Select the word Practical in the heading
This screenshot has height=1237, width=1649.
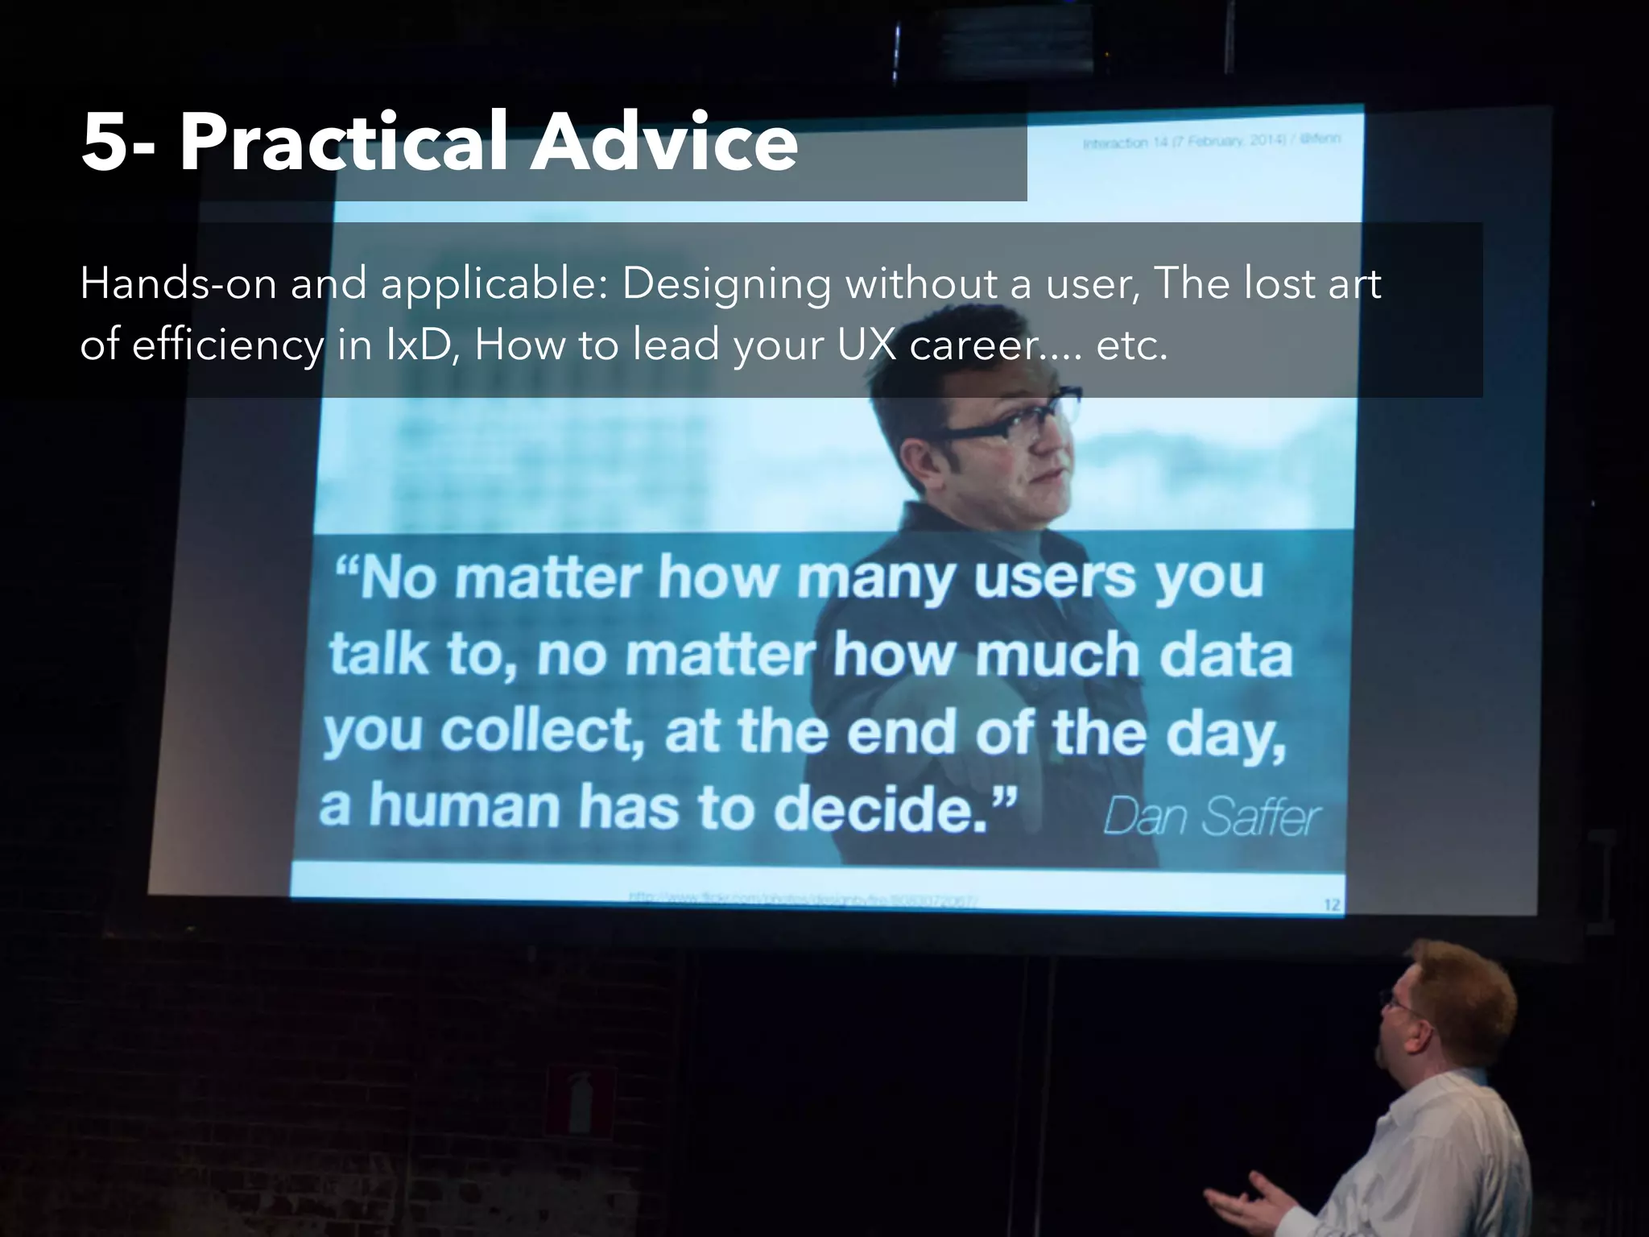click(344, 143)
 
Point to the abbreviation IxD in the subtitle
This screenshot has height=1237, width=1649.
click(415, 345)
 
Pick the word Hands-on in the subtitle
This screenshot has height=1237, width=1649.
click(178, 283)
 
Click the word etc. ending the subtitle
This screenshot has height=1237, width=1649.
click(1131, 345)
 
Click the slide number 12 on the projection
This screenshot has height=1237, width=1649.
click(1332, 905)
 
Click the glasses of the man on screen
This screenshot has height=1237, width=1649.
click(1006, 418)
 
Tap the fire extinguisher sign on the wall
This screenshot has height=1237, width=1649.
click(581, 1099)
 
